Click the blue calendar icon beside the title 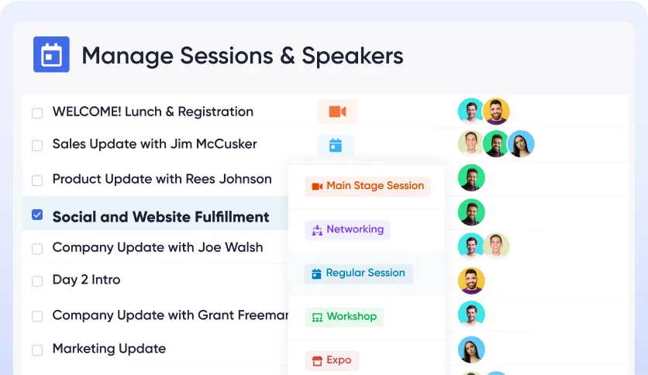click(51, 54)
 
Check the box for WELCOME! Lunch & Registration click(37, 113)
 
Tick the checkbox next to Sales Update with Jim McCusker click(37, 145)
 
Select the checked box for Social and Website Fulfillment click(37, 215)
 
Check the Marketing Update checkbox click(37, 349)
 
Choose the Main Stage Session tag click(367, 186)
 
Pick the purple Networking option click(347, 229)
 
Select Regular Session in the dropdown click(358, 273)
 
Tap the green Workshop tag click(344, 316)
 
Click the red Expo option click(332, 360)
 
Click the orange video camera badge click(337, 112)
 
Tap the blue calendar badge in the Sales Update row click(336, 145)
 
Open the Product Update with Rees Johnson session click(162, 179)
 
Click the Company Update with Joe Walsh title click(157, 248)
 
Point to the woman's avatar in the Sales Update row click(521, 143)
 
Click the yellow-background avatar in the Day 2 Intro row click(471, 280)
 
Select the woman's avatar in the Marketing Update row click(471, 349)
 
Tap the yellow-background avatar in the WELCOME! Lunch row click(496, 112)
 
